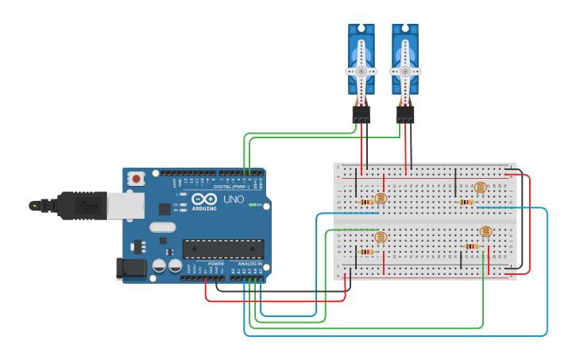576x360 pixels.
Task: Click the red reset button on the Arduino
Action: [x=137, y=179]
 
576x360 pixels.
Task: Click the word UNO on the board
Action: [x=234, y=199]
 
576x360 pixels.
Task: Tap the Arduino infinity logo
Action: [x=203, y=199]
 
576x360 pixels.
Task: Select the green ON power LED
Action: [x=253, y=205]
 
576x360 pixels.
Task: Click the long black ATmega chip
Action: [x=223, y=249]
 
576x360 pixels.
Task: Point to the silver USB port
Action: [x=126, y=205]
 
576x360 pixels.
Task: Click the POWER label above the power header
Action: [x=215, y=263]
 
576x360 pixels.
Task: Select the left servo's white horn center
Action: [x=361, y=71]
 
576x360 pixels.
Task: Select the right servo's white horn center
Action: [x=405, y=71]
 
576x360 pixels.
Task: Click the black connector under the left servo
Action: [x=361, y=115]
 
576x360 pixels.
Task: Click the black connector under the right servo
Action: [x=405, y=115]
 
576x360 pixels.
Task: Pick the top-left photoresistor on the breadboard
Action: [x=381, y=198]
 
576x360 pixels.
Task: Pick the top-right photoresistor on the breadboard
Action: [x=480, y=188]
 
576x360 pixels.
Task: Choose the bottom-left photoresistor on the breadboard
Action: [x=381, y=237]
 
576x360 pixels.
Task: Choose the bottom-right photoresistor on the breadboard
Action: [x=485, y=232]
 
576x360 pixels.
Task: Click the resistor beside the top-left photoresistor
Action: [x=366, y=202]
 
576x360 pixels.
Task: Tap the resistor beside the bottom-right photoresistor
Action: [x=472, y=246]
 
